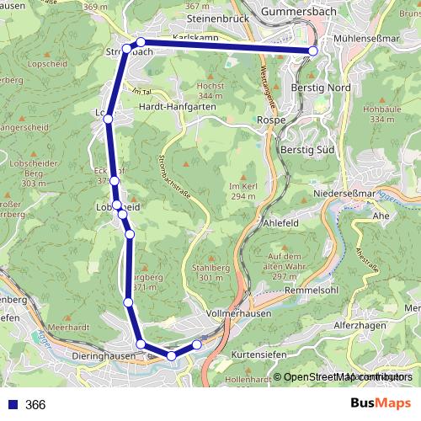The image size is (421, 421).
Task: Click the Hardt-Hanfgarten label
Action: point(177,107)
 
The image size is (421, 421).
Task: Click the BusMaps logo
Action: point(381,404)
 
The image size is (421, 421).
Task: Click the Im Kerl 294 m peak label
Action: point(242,190)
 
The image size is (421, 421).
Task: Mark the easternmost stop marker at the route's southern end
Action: point(197,344)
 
